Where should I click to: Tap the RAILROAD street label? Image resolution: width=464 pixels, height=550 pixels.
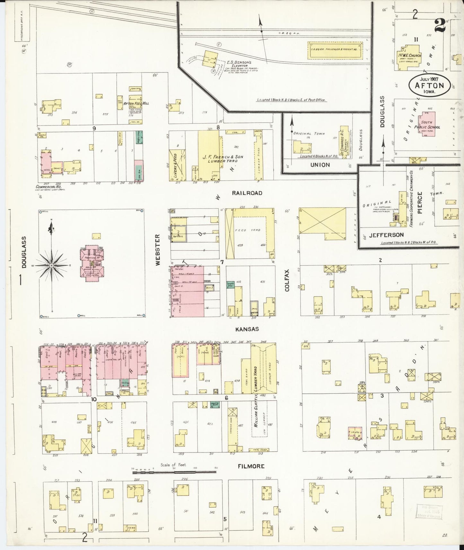(247, 193)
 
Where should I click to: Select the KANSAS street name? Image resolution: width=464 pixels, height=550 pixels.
(247, 329)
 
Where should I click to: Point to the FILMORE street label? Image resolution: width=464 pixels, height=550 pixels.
(251, 466)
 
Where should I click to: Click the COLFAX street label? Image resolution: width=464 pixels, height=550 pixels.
(287, 280)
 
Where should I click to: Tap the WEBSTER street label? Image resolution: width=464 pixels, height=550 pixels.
(157, 250)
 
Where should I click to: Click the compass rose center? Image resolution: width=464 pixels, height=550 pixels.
(51, 266)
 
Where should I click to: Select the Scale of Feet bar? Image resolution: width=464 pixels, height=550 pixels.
(174, 472)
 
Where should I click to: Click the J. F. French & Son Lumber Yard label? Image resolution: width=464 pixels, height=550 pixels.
(223, 159)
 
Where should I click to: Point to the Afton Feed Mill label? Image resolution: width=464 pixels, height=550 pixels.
(136, 104)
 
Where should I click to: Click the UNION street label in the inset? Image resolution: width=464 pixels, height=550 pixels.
(320, 165)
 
